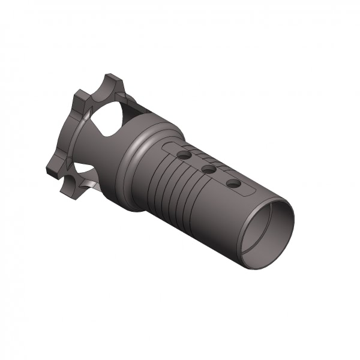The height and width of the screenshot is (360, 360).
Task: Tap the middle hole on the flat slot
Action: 209,170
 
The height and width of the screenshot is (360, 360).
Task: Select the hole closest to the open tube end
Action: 233,182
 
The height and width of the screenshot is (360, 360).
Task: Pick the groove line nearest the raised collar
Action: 157,180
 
